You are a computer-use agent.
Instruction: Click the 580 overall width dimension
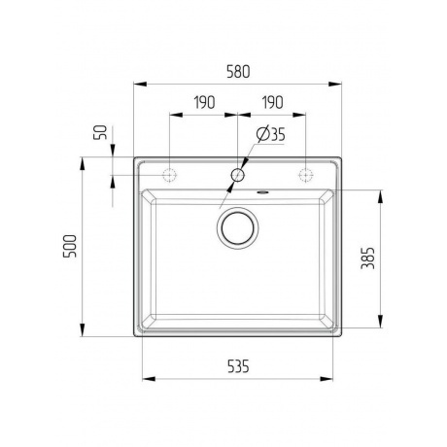click(x=238, y=72)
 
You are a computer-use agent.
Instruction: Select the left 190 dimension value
click(x=202, y=101)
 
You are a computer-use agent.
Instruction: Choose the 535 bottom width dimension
click(x=238, y=366)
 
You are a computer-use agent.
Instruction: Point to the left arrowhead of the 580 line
click(x=137, y=85)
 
